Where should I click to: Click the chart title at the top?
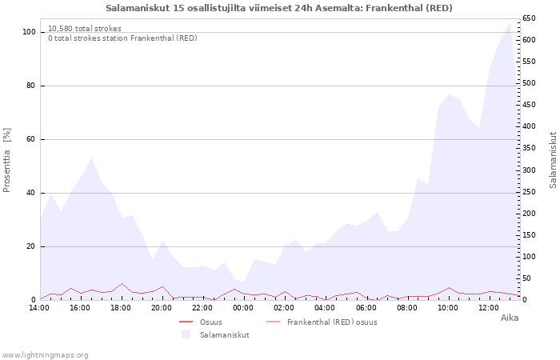coord(279,8)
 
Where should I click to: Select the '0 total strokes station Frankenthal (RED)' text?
coord(122,38)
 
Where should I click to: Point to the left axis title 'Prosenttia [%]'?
coord(7,160)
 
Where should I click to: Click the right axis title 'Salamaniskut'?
coord(553,160)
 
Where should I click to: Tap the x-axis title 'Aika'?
coord(510,318)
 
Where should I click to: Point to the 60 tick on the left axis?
coord(31,139)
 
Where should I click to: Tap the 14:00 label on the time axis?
coord(40,307)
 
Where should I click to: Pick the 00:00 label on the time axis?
coord(243,307)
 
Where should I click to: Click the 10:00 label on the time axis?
coord(448,307)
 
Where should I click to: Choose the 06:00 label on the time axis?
coord(366,307)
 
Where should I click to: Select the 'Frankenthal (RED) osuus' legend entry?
coord(331,322)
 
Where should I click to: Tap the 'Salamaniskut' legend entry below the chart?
coord(224,334)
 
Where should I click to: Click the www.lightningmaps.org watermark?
coord(46,354)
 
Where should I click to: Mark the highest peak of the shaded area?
coord(510,22)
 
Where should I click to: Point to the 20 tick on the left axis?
coord(31,246)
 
